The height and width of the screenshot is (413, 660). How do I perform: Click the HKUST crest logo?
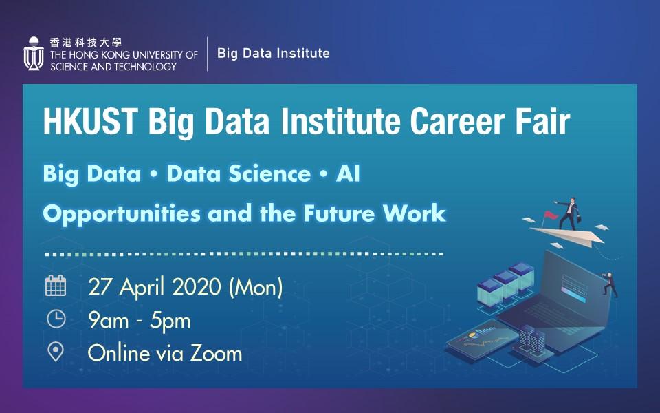point(34,54)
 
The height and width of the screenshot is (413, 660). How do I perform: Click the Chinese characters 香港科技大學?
point(86,42)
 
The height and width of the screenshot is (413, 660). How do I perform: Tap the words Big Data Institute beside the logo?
point(273,53)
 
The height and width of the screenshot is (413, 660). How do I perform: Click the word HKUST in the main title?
point(91,121)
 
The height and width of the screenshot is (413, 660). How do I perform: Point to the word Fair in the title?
point(540,121)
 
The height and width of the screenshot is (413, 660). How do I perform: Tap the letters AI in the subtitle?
point(348,173)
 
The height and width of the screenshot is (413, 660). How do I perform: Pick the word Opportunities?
point(122,213)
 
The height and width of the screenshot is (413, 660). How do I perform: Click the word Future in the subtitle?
point(339,213)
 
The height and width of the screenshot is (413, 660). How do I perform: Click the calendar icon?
point(56,285)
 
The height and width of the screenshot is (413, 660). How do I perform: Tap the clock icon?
point(56,319)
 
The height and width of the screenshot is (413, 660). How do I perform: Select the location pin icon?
point(56,352)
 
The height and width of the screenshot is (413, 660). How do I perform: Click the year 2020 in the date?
point(197,287)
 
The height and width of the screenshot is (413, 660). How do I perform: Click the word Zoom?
point(216,353)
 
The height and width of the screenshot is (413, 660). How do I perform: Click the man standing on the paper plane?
point(569,213)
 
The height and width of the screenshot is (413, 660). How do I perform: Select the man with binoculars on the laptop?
point(610,284)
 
